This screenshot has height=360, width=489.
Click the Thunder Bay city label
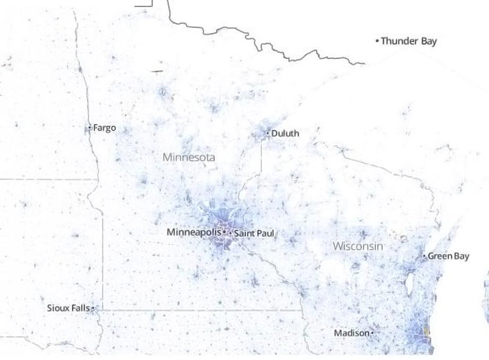pyautogui.click(x=409, y=41)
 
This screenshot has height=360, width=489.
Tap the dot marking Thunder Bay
pyautogui.click(x=377, y=41)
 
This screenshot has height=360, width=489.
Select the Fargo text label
pyautogui.click(x=104, y=128)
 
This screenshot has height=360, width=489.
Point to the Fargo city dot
pyautogui.click(x=90, y=128)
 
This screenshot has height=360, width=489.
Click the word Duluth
pyautogui.click(x=285, y=133)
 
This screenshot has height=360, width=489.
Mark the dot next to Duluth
pyautogui.click(x=268, y=133)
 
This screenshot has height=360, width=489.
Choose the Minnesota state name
pyautogui.click(x=189, y=157)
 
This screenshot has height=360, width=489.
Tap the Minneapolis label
pyautogui.click(x=194, y=232)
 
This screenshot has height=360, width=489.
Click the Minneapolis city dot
pyautogui.click(x=224, y=232)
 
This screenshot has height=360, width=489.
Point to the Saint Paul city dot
pyautogui.click(x=230, y=234)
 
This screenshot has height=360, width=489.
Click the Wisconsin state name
pyautogui.click(x=358, y=246)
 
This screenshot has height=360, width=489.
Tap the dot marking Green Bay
pyautogui.click(x=424, y=256)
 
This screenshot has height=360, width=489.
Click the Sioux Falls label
pyautogui.click(x=68, y=308)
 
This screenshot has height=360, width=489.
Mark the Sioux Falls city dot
pyautogui.click(x=93, y=308)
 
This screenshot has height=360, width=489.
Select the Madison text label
pyautogui.click(x=351, y=333)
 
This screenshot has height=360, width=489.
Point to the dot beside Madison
pyautogui.click(x=372, y=333)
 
